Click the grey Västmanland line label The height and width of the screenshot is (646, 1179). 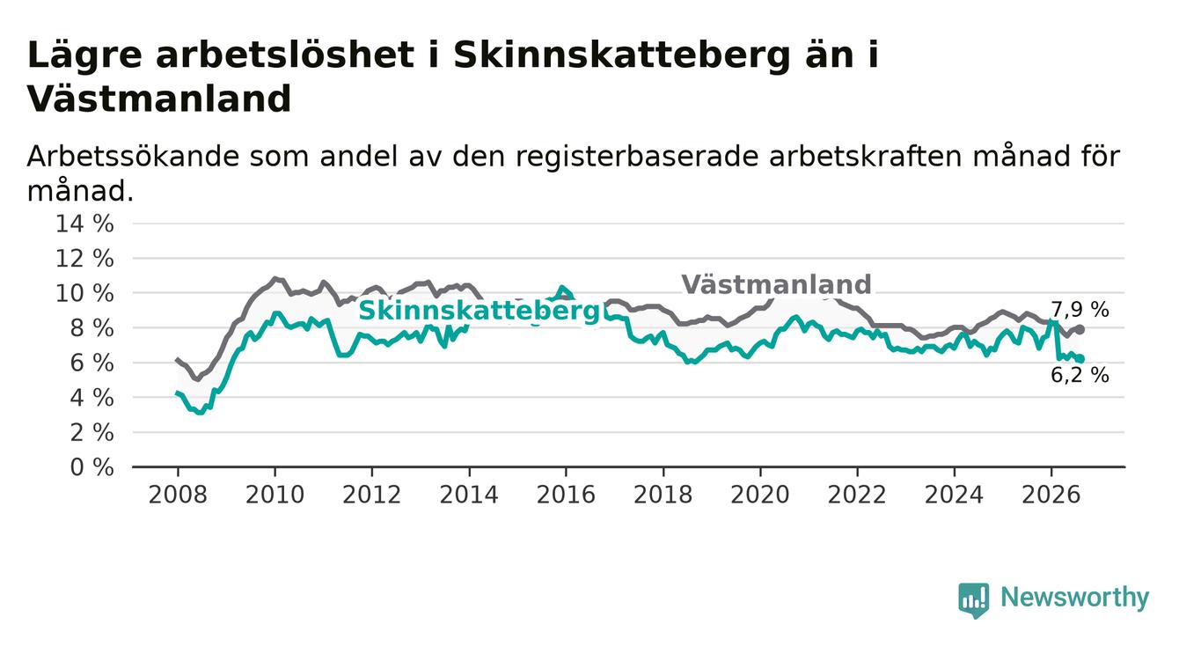(x=776, y=285)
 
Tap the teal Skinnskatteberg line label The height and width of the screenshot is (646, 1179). (x=479, y=311)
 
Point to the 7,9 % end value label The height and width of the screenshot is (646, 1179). (x=1080, y=310)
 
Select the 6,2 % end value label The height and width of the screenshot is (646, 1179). (x=1080, y=375)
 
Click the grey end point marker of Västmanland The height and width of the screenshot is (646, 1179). (x=1080, y=329)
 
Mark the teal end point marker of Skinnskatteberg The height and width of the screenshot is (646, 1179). (x=1080, y=359)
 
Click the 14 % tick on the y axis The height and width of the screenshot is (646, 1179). (x=84, y=224)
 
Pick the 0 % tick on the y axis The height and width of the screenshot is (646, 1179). (x=92, y=467)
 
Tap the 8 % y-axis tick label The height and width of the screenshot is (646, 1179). (x=92, y=328)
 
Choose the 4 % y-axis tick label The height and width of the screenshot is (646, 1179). (x=92, y=398)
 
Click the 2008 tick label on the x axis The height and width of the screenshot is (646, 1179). (x=178, y=495)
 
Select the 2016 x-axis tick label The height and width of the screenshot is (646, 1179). (x=566, y=495)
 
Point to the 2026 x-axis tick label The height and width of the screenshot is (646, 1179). (x=1051, y=495)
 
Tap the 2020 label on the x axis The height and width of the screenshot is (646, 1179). (x=760, y=495)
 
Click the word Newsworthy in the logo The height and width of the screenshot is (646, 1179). (x=1074, y=597)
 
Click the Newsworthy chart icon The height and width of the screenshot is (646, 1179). (x=973, y=600)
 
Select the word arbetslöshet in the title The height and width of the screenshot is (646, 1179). (x=285, y=55)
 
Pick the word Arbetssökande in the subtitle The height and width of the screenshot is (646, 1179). (x=133, y=157)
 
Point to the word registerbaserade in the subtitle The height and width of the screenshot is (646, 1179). (x=637, y=158)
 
